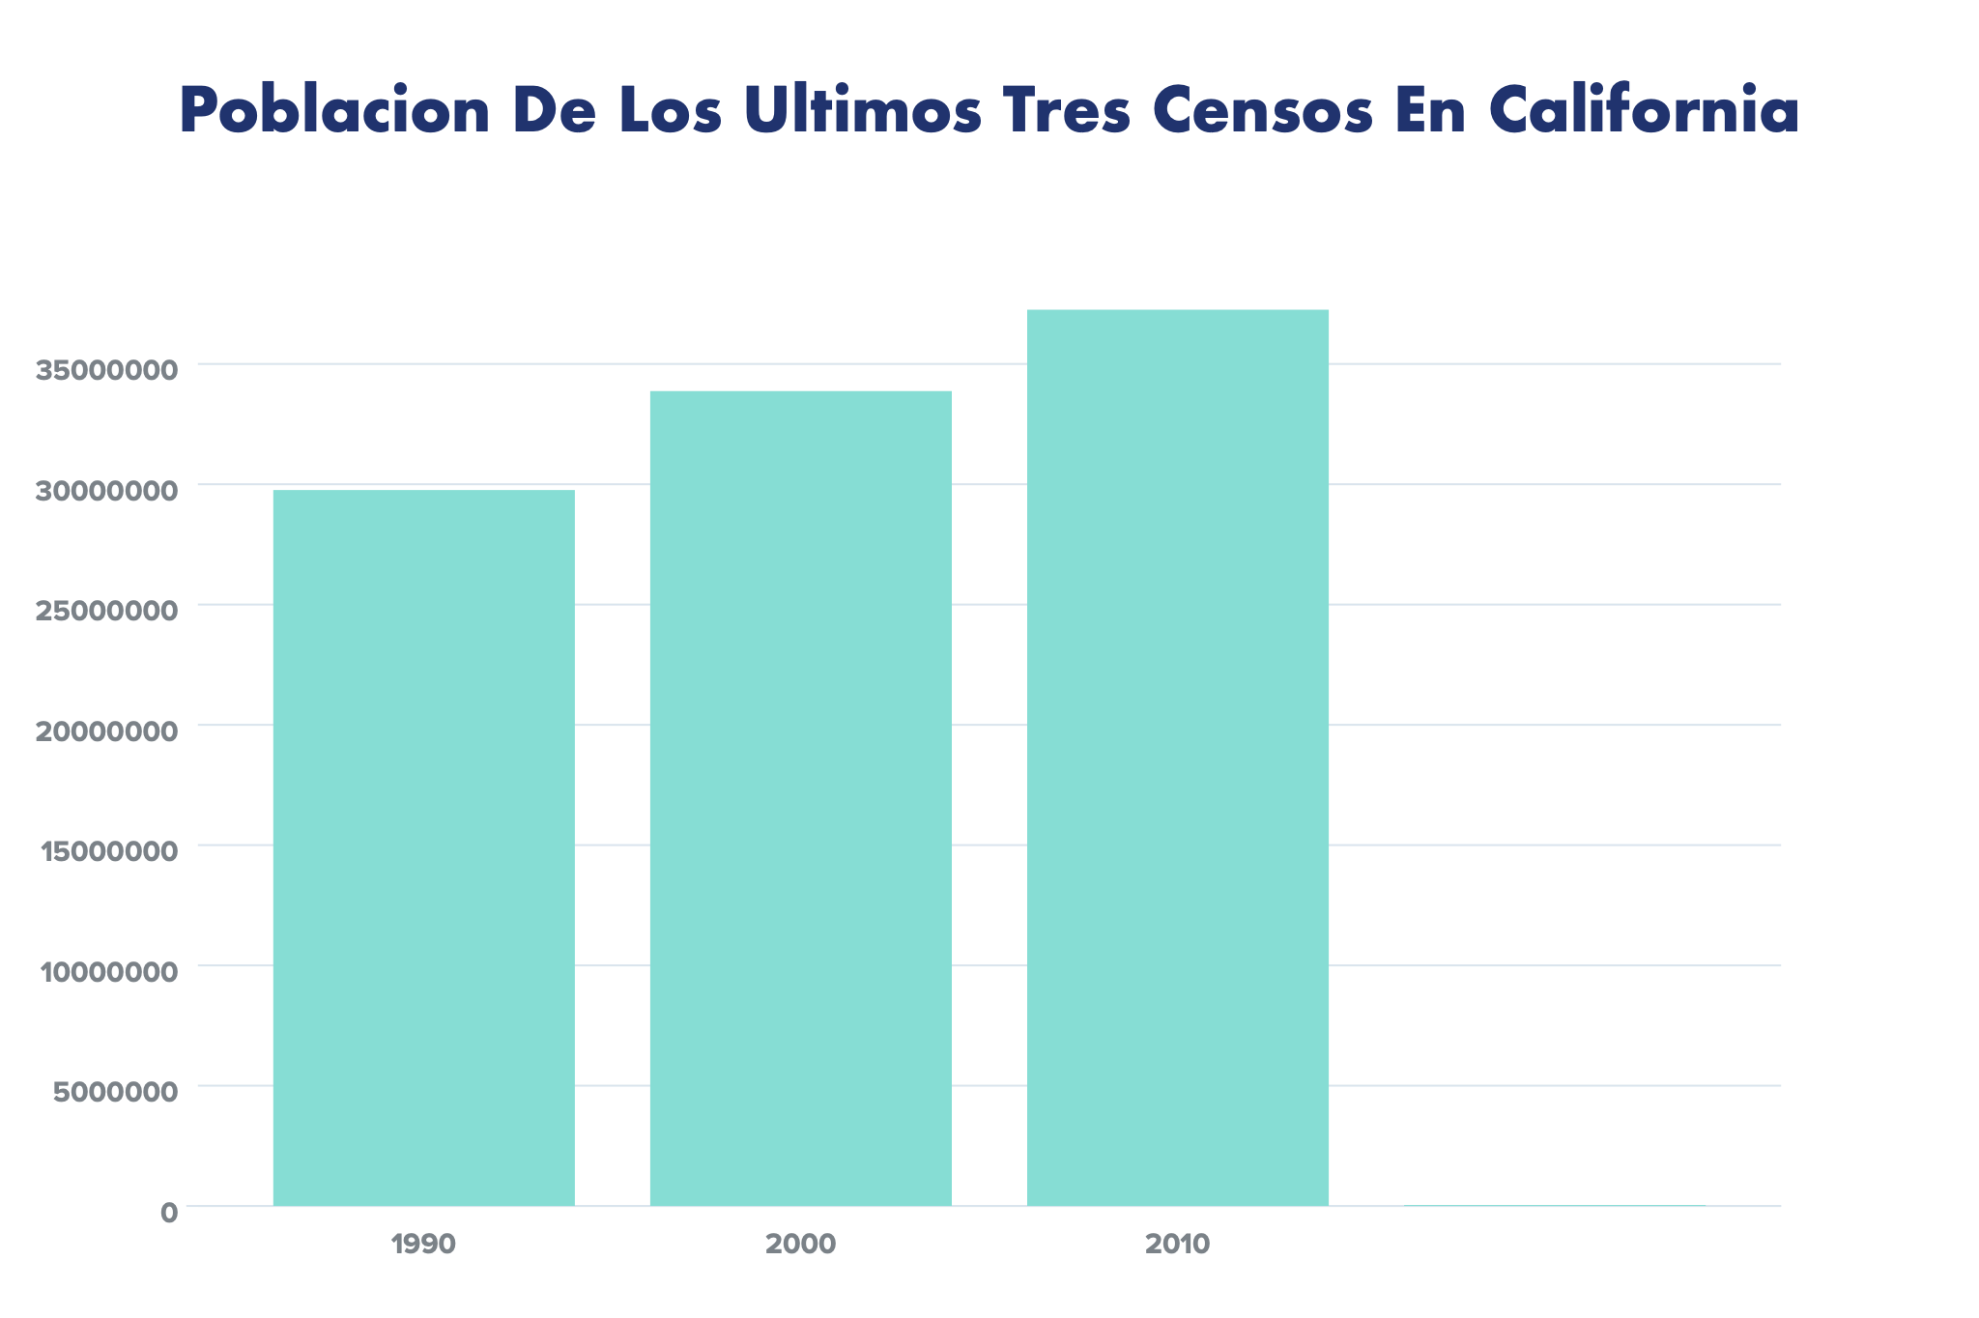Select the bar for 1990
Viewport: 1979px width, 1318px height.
pos(423,847)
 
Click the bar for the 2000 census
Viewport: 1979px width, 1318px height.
pos(800,798)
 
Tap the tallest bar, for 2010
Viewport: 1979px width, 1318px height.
pos(1178,758)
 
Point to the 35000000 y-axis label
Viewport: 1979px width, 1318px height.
pos(107,370)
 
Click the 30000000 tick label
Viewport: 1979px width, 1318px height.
pos(107,491)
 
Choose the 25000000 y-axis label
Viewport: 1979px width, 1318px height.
pos(107,611)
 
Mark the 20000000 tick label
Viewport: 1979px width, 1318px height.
pos(107,731)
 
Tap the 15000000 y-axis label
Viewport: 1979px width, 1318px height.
pos(109,851)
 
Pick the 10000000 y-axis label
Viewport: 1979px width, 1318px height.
pos(109,972)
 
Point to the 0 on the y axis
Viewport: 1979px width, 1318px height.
pos(170,1213)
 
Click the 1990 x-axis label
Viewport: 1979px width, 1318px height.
pos(423,1245)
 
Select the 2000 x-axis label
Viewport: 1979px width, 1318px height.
pos(800,1245)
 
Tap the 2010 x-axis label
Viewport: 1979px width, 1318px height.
pos(1177,1245)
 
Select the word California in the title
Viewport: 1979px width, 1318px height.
pos(1644,111)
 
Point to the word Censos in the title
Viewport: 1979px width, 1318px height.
pos(1263,111)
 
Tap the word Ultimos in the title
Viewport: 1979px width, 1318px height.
pos(863,111)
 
